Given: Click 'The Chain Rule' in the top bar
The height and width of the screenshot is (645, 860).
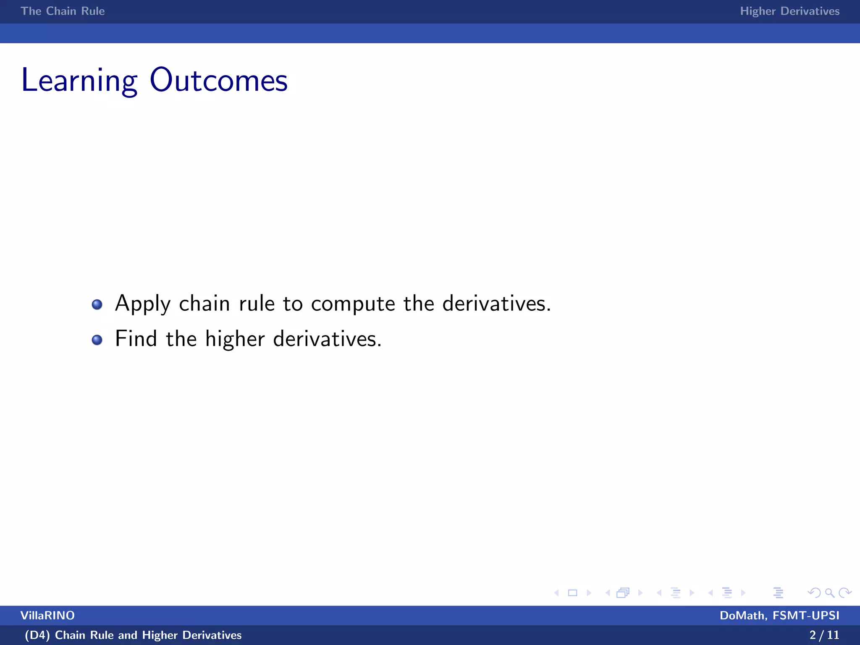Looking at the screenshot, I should [63, 11].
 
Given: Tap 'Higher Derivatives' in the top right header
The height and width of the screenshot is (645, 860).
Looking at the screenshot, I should [789, 11].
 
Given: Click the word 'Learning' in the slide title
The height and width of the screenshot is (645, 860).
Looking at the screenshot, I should [79, 81].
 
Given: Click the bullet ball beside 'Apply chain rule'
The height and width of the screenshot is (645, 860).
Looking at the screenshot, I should [97, 304].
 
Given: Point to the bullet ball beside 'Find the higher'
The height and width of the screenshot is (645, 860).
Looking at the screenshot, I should [97, 340].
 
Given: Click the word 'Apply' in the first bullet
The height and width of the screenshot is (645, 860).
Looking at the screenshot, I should [143, 304].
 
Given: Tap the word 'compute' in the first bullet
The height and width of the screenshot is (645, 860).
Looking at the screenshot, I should [353, 304].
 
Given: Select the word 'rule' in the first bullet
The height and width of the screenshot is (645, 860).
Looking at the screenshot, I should [257, 303].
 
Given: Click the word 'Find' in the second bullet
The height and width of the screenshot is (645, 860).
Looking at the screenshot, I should [136, 338].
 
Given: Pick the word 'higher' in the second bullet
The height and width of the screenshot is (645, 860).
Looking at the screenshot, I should [235, 339].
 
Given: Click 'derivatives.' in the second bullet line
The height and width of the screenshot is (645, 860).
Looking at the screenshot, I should [327, 338].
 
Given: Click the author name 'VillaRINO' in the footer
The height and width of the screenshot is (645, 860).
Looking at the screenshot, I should [47, 616].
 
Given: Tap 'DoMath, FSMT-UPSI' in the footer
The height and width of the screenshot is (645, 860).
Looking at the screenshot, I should [779, 616].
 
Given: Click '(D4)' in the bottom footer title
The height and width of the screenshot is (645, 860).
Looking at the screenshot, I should [37, 635].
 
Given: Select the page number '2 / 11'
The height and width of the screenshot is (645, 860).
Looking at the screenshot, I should [824, 635].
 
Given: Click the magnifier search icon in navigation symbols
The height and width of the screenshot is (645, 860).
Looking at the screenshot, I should [829, 593].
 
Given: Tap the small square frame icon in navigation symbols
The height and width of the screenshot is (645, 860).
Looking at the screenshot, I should [572, 593].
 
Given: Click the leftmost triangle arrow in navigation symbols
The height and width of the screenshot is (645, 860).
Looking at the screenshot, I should [556, 593].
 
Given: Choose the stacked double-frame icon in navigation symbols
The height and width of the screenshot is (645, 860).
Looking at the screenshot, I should [623, 593].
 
